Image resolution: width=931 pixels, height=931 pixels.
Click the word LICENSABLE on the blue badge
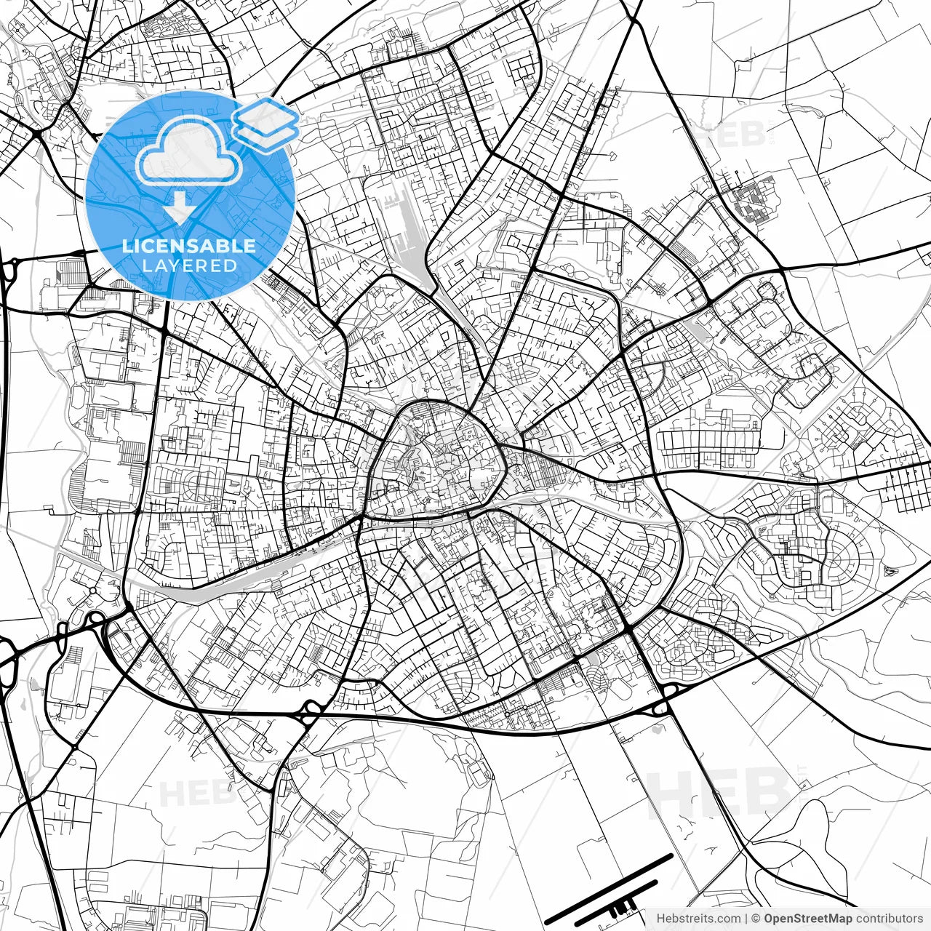(189, 247)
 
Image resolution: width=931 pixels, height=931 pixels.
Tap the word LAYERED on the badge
(189, 266)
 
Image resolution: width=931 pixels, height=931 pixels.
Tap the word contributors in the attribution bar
(889, 919)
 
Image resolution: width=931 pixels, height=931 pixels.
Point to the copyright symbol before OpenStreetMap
(756, 919)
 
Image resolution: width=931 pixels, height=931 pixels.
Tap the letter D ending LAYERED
(231, 266)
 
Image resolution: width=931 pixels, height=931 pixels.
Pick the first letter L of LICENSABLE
(127, 247)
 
